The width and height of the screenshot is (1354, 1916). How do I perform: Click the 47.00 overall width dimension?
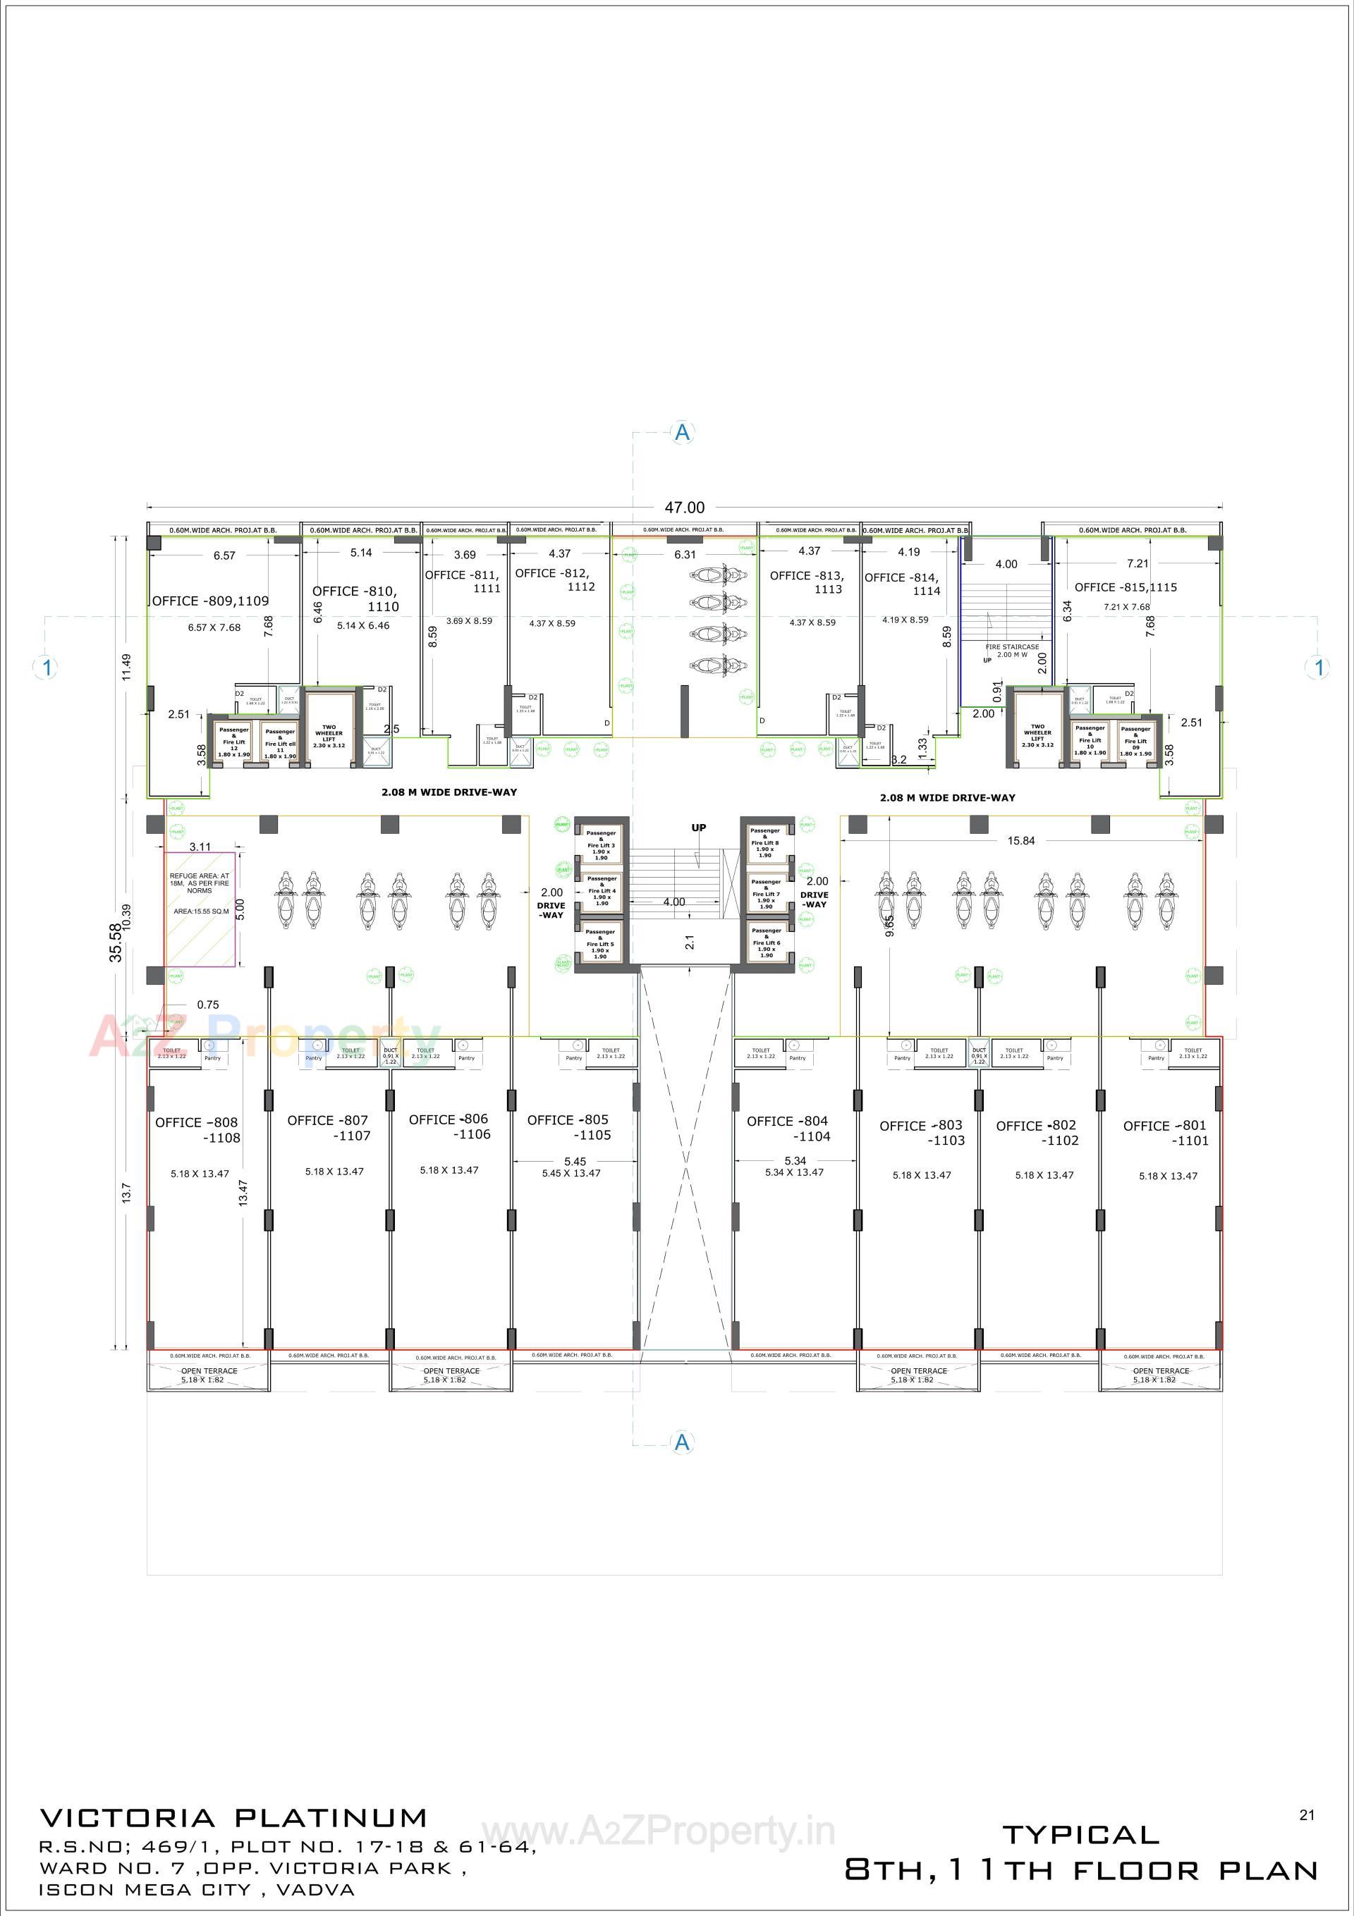point(683,508)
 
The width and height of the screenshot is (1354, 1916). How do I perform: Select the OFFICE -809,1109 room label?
point(210,601)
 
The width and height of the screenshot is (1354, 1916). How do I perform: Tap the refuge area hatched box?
point(200,909)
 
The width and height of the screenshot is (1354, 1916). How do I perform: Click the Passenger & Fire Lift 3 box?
point(601,845)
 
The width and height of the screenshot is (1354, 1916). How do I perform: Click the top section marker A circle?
point(683,432)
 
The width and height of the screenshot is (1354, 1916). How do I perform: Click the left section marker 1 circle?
point(47,667)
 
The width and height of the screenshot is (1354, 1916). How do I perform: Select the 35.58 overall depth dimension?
point(116,943)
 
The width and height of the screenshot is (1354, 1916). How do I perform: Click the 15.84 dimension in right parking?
point(1020,840)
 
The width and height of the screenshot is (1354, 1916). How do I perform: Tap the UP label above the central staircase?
point(699,828)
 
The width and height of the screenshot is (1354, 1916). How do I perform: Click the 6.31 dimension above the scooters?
point(685,554)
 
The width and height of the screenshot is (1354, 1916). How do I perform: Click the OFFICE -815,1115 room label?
point(1126,587)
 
